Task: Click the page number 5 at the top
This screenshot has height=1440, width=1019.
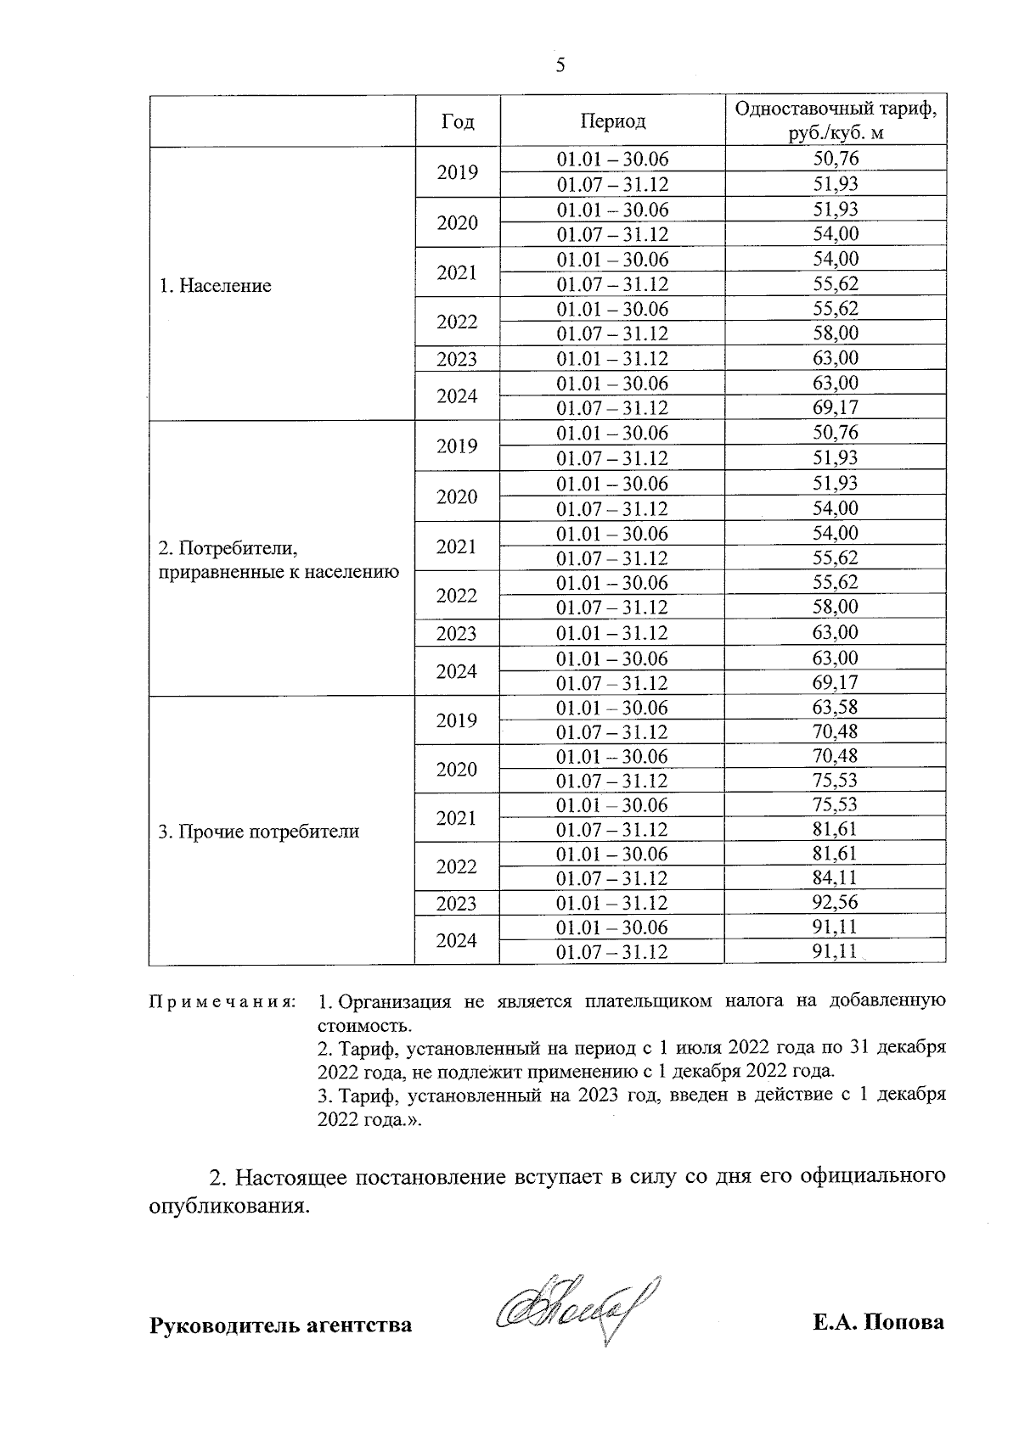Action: coord(560,66)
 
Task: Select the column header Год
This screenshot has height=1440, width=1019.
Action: coord(458,121)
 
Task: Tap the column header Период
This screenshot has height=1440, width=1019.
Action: coord(612,121)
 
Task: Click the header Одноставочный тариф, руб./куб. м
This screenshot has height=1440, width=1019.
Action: coord(836,121)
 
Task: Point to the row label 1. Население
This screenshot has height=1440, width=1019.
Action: coord(216,286)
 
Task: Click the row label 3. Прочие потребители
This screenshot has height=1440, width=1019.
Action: coord(259,832)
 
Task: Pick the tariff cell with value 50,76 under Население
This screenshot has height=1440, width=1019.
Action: coord(836,159)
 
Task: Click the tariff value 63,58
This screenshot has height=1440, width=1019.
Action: coord(836,707)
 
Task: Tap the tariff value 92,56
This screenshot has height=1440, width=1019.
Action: coord(836,902)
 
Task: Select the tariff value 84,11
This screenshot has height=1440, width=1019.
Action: coord(836,877)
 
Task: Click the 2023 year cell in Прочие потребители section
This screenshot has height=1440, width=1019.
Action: coord(457,903)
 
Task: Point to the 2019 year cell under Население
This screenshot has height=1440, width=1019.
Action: coord(457,172)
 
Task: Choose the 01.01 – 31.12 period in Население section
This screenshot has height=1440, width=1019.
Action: coord(612,358)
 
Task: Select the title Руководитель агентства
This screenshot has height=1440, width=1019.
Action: coord(280,1325)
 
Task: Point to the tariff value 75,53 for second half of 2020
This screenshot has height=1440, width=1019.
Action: coord(836,781)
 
